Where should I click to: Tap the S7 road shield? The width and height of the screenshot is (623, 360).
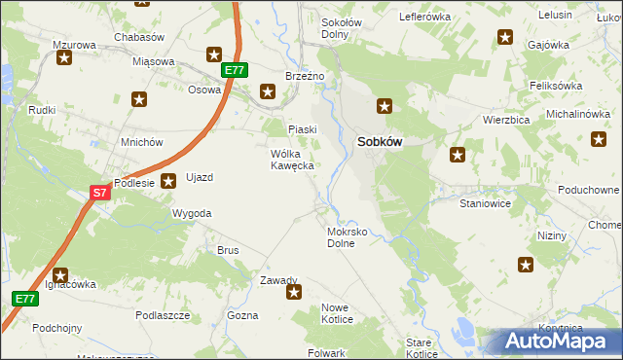point(100,194)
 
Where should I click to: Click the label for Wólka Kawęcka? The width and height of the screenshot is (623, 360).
point(291,160)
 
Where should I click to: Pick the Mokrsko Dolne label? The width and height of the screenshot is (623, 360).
point(347,238)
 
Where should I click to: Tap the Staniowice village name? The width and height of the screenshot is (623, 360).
point(485,205)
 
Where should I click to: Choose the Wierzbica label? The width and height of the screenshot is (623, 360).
point(505,120)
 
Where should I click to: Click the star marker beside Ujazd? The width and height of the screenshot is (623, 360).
point(168,179)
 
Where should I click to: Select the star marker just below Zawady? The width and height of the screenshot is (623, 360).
point(294,291)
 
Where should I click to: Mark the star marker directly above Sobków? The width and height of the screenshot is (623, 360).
point(385,106)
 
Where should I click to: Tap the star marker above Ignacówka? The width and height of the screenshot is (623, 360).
point(60,275)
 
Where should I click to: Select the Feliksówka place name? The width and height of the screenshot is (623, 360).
point(556,86)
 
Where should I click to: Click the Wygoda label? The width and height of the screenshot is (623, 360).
point(192,212)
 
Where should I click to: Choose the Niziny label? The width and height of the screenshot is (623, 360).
point(553,236)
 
